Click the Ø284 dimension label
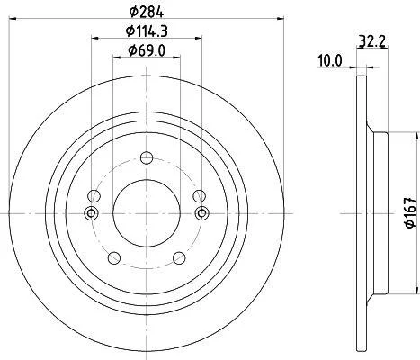[147, 12]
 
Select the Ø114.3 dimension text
[147, 31]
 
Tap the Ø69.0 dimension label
[147, 50]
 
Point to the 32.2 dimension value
[371, 40]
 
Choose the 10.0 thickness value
[330, 61]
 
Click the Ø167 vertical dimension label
[410, 212]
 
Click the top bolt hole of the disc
[147, 158]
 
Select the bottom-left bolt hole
[114, 258]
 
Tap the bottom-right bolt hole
[179, 258]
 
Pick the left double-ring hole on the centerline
[91, 213]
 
